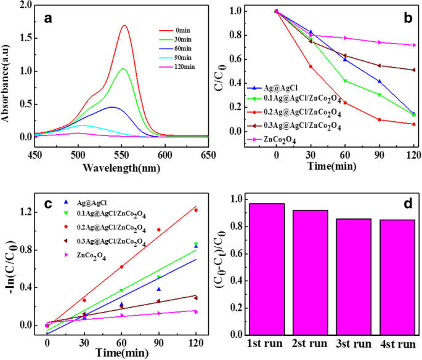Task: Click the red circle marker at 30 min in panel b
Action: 310,66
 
